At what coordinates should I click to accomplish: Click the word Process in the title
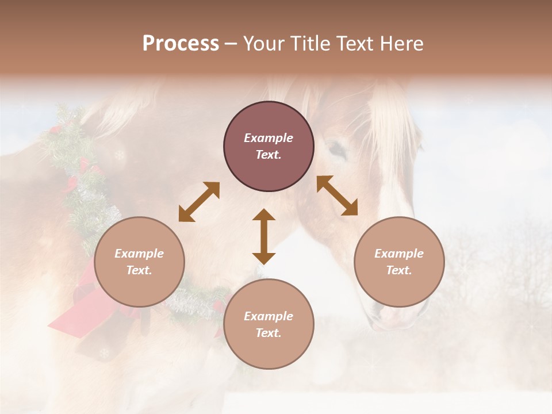[x=181, y=44]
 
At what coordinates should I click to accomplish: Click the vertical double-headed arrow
[x=264, y=236]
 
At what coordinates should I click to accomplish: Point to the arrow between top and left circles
[x=199, y=202]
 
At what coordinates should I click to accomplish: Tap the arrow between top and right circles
[x=338, y=195]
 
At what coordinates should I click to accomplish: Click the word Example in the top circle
[x=269, y=138]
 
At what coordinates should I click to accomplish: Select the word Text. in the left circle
[x=139, y=270]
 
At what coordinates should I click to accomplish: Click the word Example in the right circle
[x=399, y=254]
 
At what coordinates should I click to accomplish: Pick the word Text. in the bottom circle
[x=269, y=333]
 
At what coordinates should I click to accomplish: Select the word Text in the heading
[x=354, y=44]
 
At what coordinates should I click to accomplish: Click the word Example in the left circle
[x=139, y=254]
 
